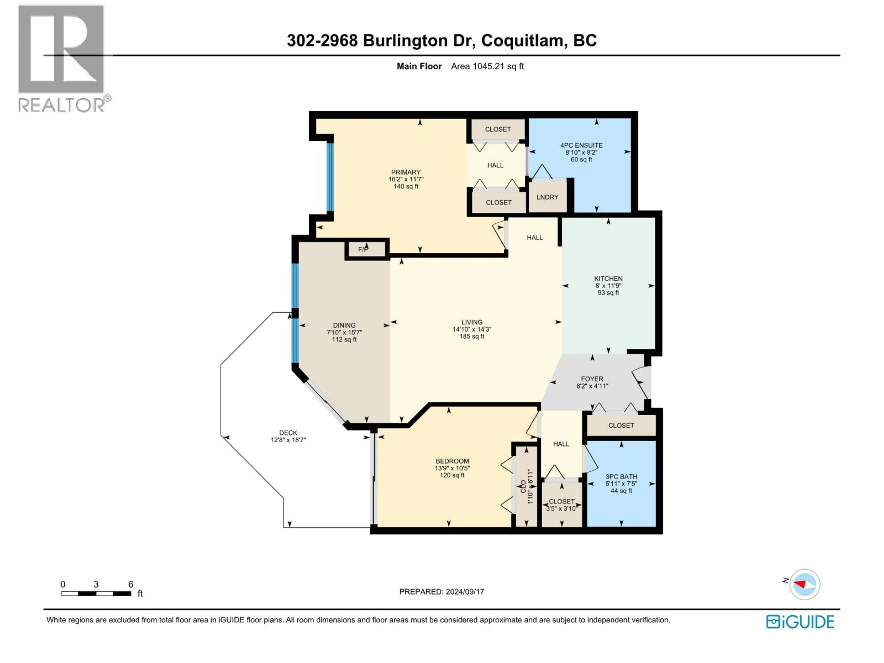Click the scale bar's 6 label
[131, 584]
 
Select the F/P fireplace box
[366, 249]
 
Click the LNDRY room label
[547, 197]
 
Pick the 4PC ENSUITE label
[581, 145]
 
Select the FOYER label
[592, 379]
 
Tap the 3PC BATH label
[621, 476]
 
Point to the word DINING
[344, 325]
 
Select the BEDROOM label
[452, 461]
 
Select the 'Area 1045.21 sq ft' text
[487, 66]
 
